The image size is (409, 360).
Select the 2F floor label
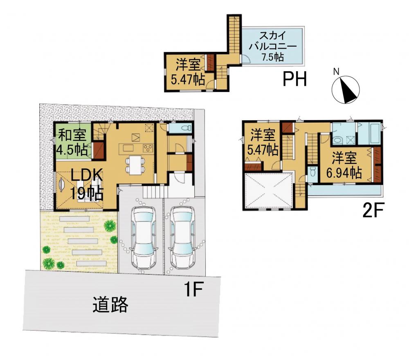pos(373,210)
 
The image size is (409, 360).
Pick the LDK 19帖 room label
pos(87,185)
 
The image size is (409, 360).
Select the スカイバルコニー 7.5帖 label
pos(273,47)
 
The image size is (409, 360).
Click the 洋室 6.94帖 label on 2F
pos(344,165)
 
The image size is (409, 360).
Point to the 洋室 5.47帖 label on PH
pos(188,72)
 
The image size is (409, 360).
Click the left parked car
pos(144,237)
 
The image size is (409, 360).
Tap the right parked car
pos(182,237)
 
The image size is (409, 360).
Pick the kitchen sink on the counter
pos(128,148)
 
